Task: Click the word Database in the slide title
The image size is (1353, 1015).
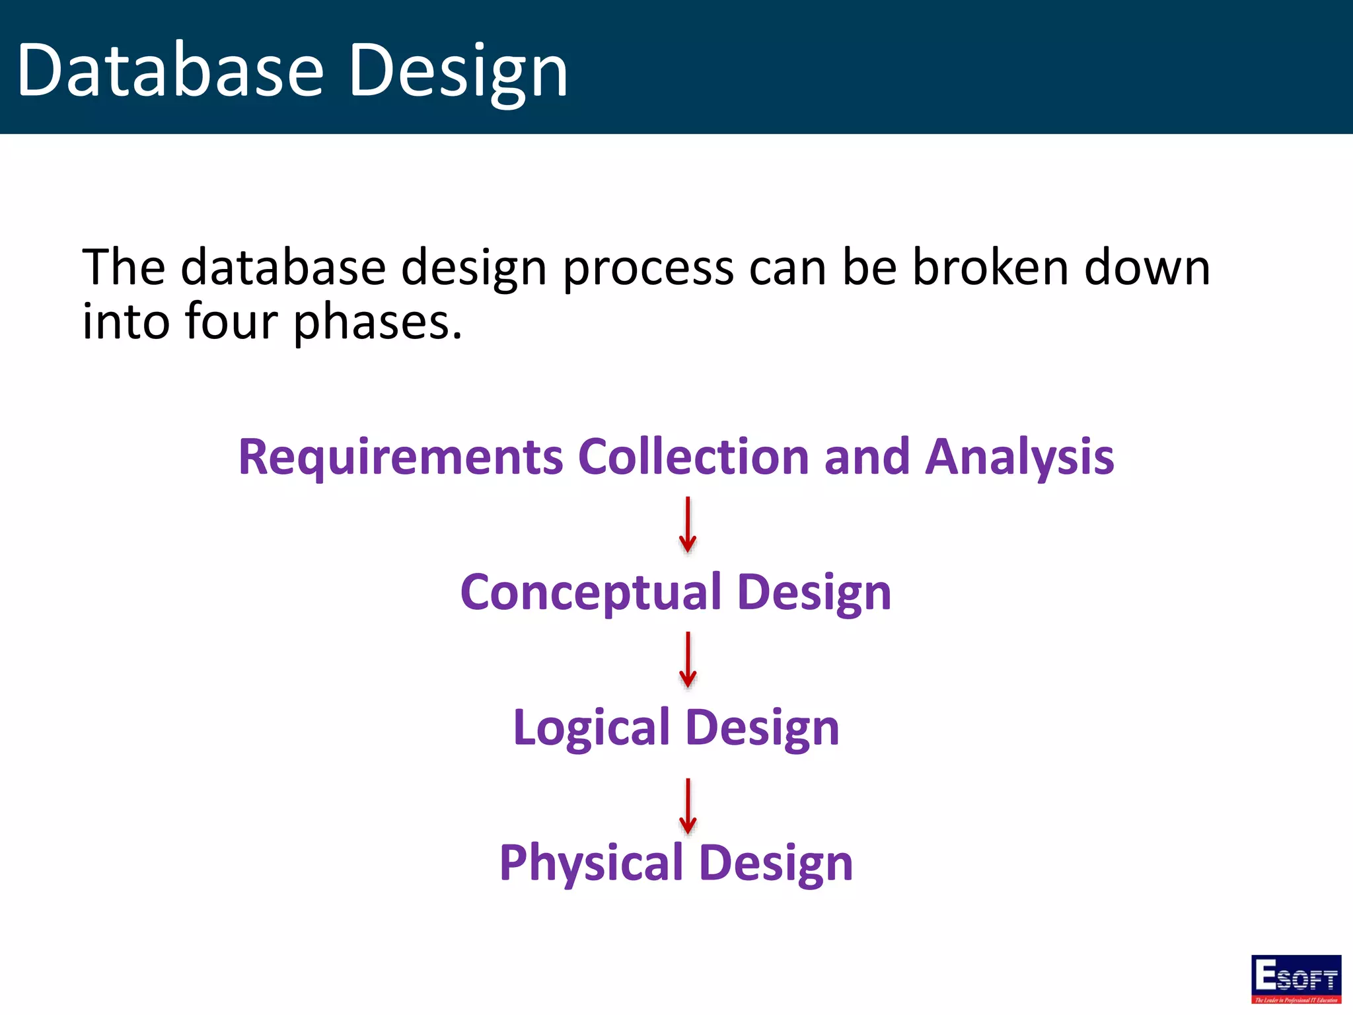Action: point(170,70)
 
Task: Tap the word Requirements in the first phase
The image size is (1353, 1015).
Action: point(400,457)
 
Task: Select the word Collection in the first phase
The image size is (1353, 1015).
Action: point(693,457)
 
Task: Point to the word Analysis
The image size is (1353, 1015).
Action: point(1019,457)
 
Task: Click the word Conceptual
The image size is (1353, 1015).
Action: point(591,592)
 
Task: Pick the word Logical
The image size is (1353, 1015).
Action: point(591,728)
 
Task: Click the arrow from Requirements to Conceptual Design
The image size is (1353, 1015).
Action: point(688,525)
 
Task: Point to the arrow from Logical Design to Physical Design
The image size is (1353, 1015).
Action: point(688,806)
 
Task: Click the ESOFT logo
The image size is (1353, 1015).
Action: point(1296,979)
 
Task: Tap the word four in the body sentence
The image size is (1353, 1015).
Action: point(231,322)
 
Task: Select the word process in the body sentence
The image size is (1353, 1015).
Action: point(648,268)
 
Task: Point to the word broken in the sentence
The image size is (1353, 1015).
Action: point(990,268)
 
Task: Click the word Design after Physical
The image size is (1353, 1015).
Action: point(776,863)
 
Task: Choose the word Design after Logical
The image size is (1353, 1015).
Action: point(762,728)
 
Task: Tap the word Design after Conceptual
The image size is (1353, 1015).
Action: point(814,592)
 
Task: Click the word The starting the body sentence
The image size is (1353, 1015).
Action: point(124,268)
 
